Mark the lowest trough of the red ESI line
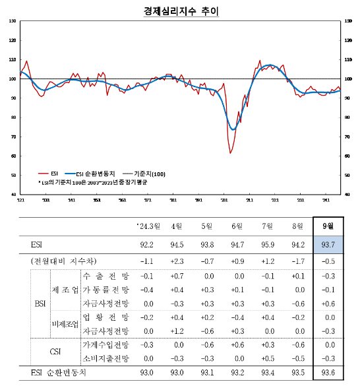pos(231,153)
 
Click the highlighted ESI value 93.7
pos(327,244)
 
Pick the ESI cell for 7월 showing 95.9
pos(266,244)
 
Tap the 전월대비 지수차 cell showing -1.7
pos(297,262)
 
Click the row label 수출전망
pos(106,276)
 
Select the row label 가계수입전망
pos(106,344)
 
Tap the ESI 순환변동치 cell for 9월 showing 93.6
pos(327,373)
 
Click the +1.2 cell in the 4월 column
pos(176,331)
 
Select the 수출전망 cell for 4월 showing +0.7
pos(176,276)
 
